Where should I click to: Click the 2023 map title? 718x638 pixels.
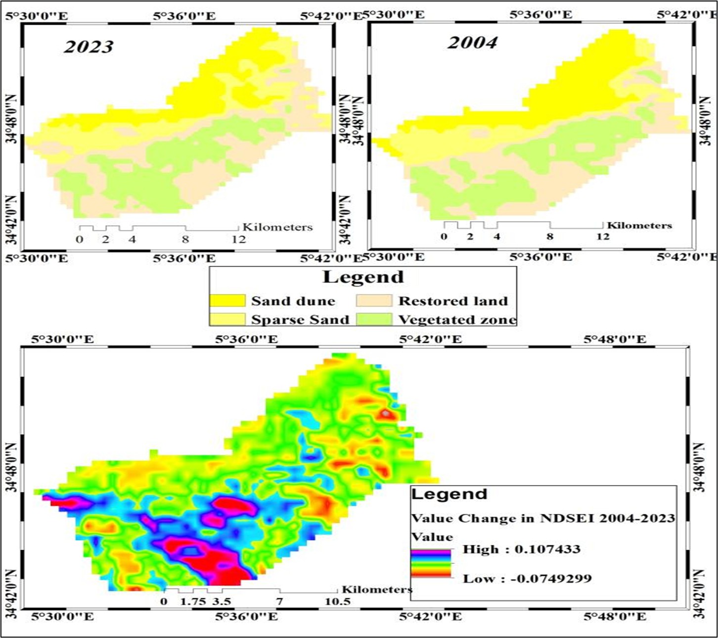click(x=89, y=46)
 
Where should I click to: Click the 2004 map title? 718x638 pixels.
click(x=472, y=43)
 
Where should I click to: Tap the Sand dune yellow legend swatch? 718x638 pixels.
click(x=227, y=301)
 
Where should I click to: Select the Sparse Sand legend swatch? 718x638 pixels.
click(x=227, y=319)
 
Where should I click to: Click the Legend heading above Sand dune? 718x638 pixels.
click(x=363, y=277)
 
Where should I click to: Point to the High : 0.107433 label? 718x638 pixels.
click(x=521, y=549)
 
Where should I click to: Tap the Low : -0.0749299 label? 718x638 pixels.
click(x=527, y=579)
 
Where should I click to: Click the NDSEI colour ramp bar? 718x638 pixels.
click(x=431, y=563)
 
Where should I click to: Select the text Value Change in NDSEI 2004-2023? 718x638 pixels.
click(x=543, y=518)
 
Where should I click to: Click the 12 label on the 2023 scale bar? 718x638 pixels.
click(x=238, y=239)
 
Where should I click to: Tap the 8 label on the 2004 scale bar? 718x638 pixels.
click(x=549, y=236)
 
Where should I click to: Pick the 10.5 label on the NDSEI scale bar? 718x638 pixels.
click(x=337, y=601)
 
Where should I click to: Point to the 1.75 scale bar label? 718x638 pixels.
click(x=192, y=601)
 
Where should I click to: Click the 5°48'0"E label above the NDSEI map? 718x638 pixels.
click(x=615, y=339)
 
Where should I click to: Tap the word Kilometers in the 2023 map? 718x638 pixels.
click(x=277, y=227)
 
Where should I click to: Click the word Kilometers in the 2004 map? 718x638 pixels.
click(x=639, y=226)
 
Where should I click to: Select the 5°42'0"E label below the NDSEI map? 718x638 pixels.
click(x=430, y=616)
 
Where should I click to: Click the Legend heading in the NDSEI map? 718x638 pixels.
click(x=449, y=494)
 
